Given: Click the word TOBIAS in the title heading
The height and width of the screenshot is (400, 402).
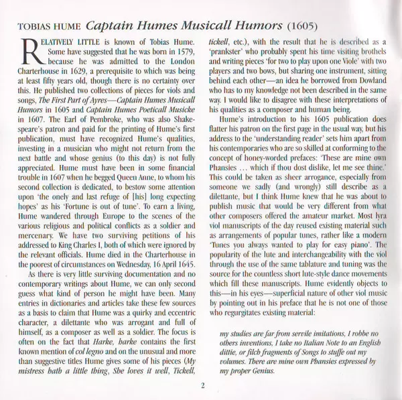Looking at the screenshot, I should pyautogui.click(x=34, y=29).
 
